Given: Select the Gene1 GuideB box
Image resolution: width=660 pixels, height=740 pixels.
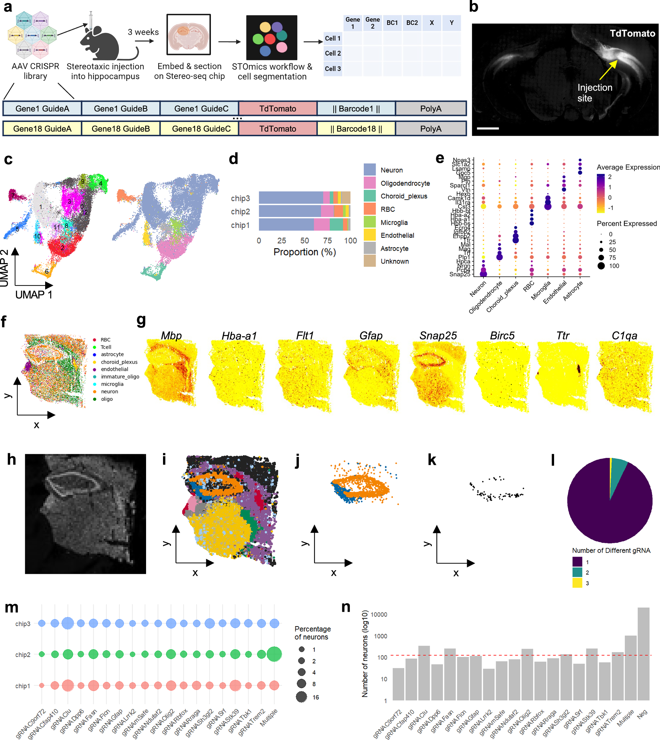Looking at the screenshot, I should [121, 109].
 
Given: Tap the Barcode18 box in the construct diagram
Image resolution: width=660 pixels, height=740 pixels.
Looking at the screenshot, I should [356, 129].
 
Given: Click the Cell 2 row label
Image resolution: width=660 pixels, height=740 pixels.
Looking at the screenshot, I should [333, 53].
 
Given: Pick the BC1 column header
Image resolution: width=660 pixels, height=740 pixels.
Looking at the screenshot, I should [392, 23].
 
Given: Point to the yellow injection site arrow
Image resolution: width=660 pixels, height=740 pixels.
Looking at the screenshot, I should [608, 69].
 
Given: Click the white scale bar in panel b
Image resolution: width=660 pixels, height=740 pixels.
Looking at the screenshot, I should [488, 128].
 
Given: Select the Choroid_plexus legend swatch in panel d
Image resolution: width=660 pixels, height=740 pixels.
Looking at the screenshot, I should [370, 196].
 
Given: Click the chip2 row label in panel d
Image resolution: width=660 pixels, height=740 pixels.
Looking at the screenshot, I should [240, 212].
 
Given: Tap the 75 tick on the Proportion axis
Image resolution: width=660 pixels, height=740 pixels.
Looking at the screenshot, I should [327, 241].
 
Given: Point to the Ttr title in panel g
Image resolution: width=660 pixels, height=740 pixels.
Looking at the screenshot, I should [562, 336].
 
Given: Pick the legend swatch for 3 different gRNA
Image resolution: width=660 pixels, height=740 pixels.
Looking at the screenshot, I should [577, 583].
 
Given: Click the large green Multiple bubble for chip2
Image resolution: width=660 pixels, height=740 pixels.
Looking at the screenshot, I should [274, 654].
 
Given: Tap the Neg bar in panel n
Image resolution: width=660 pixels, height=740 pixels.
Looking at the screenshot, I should [643, 653].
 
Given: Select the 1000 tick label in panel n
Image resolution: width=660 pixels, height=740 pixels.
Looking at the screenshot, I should [380, 636].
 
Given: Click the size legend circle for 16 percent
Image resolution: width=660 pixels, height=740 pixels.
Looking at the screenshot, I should [301, 697].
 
